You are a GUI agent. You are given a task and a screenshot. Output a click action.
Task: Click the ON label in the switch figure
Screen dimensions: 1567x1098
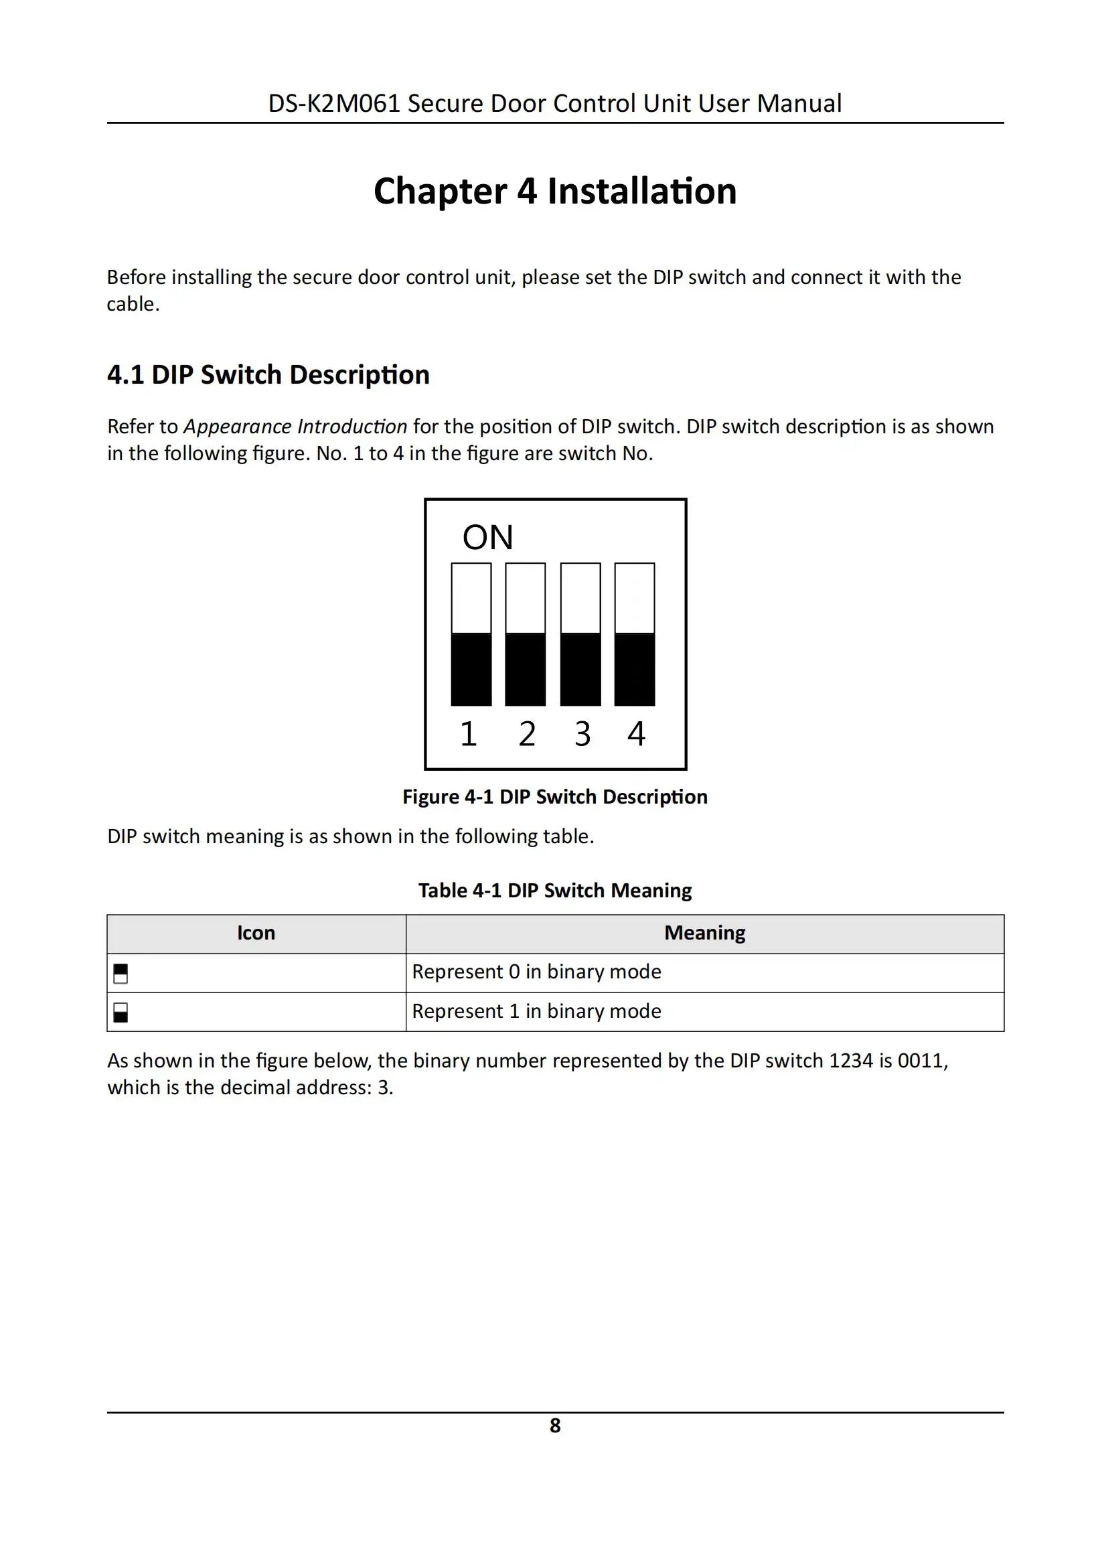coord(487,538)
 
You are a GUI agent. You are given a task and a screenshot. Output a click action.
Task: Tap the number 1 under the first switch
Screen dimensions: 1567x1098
coord(468,735)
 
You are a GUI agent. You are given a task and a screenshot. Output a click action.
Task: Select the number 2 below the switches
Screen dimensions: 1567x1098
coord(526,735)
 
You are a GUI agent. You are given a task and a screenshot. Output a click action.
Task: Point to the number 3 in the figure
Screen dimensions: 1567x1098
coord(581,735)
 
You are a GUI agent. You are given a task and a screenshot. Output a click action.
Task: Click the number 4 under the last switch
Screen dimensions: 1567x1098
coord(636,735)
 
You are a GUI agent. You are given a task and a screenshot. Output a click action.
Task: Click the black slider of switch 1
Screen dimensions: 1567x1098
coord(471,669)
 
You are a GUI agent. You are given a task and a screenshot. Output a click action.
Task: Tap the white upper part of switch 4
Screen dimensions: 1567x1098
coord(635,598)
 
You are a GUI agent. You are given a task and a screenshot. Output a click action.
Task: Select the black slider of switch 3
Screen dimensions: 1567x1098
coord(580,669)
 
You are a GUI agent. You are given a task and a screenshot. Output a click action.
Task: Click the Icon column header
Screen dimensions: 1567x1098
coord(256,933)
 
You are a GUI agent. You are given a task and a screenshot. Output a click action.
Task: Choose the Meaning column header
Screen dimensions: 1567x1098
coord(704,933)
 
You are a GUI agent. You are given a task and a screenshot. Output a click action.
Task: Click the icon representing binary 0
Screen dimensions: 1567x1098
coord(121,973)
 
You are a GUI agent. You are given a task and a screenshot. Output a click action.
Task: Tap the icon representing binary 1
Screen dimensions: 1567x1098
coord(121,1012)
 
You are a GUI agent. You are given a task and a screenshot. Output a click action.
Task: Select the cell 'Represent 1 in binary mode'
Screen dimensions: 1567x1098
coord(536,1011)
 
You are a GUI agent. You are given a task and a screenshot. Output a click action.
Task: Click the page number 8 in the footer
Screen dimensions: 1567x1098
coord(555,1425)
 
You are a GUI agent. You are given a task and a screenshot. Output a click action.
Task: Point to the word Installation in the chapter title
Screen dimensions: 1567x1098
coord(641,191)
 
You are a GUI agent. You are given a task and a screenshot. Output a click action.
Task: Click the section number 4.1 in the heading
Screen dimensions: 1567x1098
coord(126,375)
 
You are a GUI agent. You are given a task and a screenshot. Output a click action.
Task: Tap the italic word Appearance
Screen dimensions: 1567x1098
coord(238,427)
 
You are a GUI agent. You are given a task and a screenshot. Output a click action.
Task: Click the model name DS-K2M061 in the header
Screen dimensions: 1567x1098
coord(333,104)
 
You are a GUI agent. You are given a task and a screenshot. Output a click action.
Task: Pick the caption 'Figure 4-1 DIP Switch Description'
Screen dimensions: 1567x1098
coord(555,797)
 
